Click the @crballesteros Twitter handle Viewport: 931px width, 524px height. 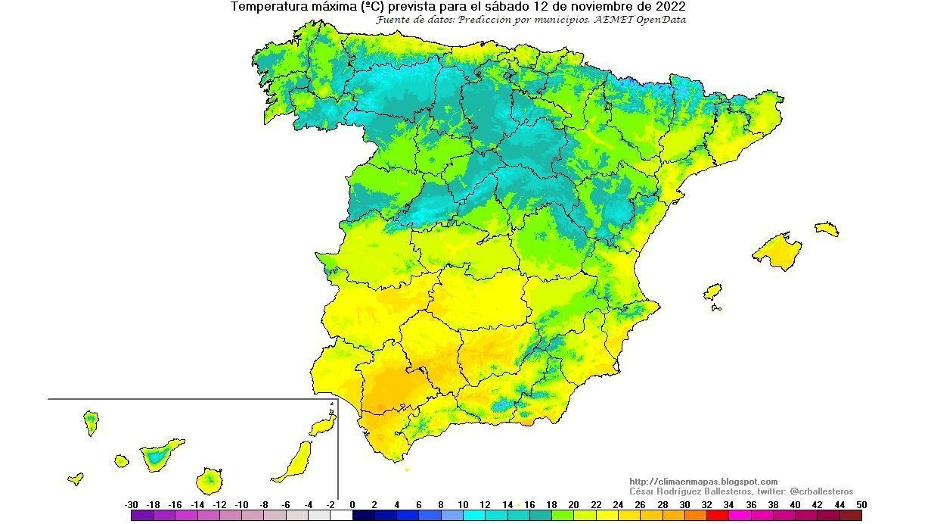(x=821, y=491)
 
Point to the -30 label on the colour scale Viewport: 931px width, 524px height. (x=131, y=504)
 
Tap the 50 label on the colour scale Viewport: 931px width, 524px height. (x=861, y=504)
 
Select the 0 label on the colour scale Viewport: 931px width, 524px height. (x=352, y=504)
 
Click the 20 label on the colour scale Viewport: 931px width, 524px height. (x=574, y=504)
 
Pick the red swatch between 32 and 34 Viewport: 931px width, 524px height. (x=717, y=515)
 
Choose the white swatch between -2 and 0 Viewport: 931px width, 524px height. (x=341, y=515)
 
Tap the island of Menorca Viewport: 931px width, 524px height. (x=827, y=229)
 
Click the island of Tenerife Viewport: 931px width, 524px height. (x=160, y=455)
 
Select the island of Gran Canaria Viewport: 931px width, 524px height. (x=209, y=479)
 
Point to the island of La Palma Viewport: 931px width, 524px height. (x=91, y=422)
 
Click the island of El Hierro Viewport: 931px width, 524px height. (x=76, y=479)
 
